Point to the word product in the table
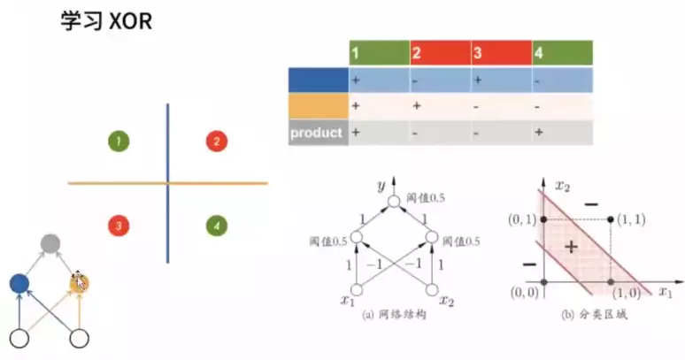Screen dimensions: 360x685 point(316,133)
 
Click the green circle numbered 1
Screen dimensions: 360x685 point(118,141)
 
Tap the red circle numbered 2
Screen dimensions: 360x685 point(215,141)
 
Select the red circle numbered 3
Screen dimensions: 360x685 point(118,226)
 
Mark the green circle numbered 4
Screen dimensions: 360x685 point(215,226)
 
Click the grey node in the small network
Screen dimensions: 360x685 point(50,242)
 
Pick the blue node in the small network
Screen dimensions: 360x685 point(19,283)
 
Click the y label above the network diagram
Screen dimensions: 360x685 point(381,187)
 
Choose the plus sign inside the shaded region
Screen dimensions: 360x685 point(571,247)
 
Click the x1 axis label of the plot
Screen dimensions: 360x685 point(665,291)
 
